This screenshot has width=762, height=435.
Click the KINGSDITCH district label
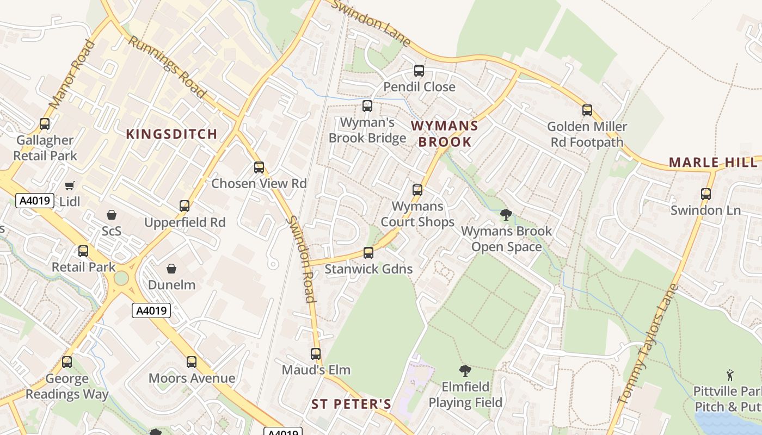(x=172, y=134)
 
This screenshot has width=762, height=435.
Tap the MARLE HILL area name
(x=712, y=162)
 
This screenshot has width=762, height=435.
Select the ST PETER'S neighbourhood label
(x=351, y=404)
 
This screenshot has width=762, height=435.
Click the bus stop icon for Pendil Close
(x=419, y=71)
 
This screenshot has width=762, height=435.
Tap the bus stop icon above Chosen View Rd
(x=259, y=167)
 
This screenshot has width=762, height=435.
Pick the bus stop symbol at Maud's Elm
(x=316, y=354)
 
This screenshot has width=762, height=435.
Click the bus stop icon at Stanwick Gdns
(x=368, y=253)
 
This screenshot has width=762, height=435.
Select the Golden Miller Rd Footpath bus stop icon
(x=587, y=110)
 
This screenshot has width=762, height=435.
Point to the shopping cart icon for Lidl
(x=69, y=186)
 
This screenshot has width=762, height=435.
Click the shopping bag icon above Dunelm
(x=171, y=269)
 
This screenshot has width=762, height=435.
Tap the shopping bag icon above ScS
(x=112, y=215)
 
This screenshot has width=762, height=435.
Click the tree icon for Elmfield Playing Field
(x=465, y=371)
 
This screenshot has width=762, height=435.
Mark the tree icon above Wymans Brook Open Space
(x=506, y=215)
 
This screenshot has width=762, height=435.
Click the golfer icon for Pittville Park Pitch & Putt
(x=730, y=375)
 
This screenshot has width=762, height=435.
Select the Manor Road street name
(x=72, y=74)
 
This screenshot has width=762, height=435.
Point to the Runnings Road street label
(x=167, y=67)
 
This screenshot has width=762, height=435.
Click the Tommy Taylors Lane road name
(x=648, y=343)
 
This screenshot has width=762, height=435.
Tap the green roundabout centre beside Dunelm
(x=121, y=278)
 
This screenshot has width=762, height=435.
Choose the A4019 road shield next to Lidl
(x=35, y=201)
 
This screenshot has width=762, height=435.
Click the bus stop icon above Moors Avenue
(x=192, y=362)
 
